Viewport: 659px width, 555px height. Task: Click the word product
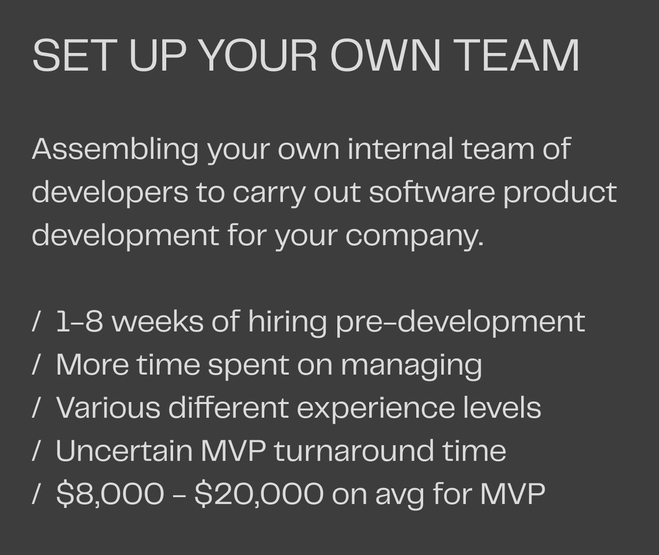pyautogui.click(x=560, y=192)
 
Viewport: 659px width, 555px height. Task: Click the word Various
pyautogui.click(x=108, y=407)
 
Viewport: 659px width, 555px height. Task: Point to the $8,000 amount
pyautogui.click(x=110, y=493)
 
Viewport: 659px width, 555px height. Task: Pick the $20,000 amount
pyautogui.click(x=259, y=493)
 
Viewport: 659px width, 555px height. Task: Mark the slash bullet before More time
pyautogui.click(x=35, y=365)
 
